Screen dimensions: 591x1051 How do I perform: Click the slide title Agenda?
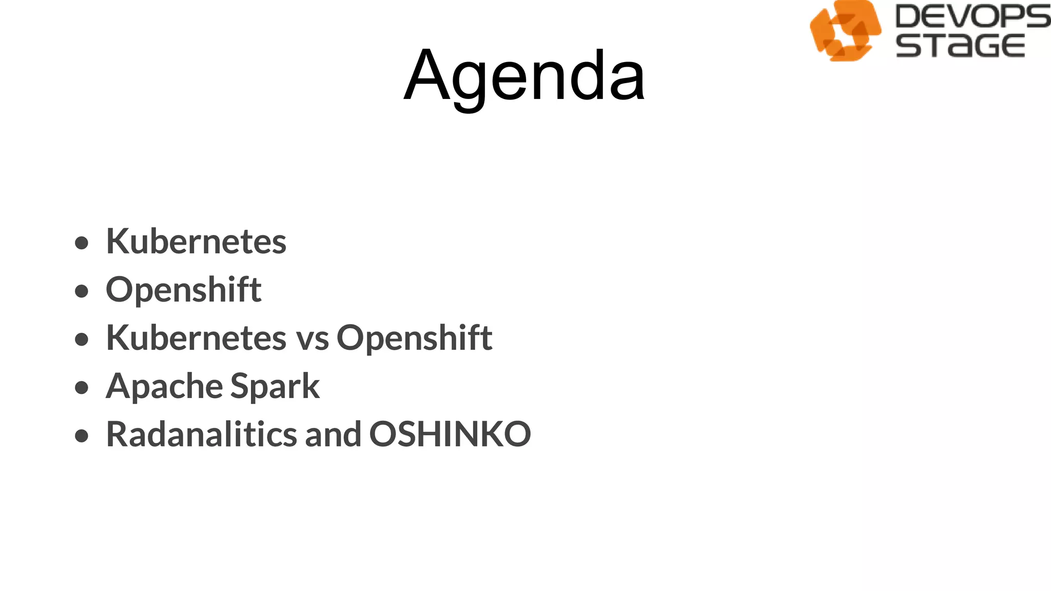tap(524, 76)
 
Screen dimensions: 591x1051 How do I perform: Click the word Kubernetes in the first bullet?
tap(196, 241)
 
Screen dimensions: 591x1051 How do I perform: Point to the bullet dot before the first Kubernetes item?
tap(82, 243)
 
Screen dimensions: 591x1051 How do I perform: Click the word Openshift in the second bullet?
tap(184, 290)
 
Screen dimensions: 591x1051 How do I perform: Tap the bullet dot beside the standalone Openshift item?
tap(82, 291)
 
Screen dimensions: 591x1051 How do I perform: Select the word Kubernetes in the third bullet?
tap(196, 338)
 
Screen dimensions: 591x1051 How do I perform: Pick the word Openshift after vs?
tap(414, 338)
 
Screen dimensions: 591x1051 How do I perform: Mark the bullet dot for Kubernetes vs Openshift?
tap(82, 339)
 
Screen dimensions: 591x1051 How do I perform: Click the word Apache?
tap(164, 386)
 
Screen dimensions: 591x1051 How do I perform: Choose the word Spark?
tap(275, 386)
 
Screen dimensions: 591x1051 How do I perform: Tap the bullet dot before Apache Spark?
tap(82, 387)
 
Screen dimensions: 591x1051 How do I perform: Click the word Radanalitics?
tap(201, 434)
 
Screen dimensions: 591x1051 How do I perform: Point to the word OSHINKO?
tap(450, 434)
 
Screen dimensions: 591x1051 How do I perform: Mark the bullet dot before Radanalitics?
tap(82, 436)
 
